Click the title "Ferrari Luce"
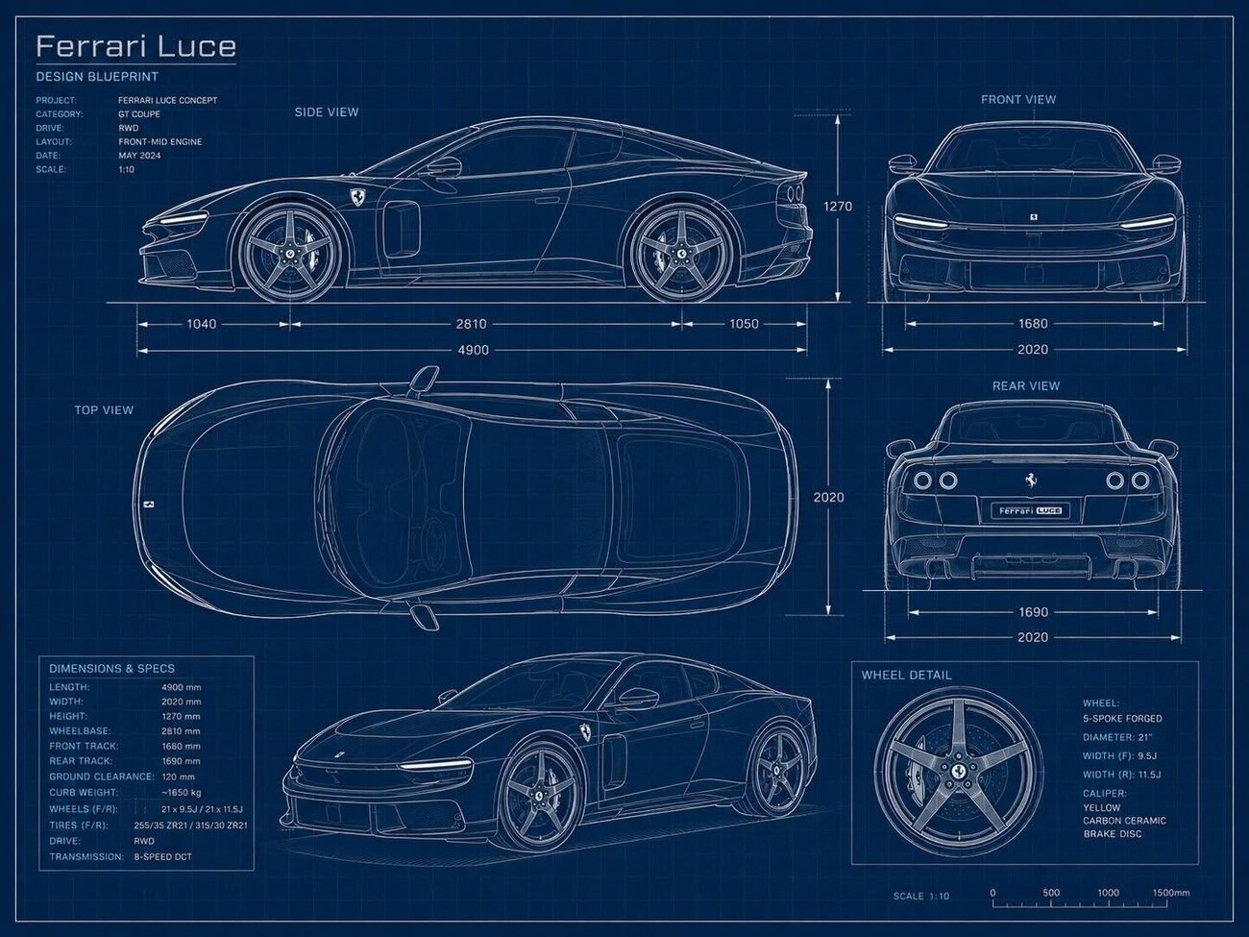[136, 46]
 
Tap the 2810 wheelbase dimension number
[471, 324]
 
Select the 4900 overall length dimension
[473, 350]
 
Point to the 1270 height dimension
[838, 206]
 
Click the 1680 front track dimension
[1033, 323]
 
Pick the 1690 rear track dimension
[1033, 612]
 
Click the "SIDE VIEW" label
[327, 112]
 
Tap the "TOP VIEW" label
[104, 409]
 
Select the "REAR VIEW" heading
[1026, 385]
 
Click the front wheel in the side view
[289, 253]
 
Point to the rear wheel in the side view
[680, 253]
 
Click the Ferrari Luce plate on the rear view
[1031, 510]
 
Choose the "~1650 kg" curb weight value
[181, 792]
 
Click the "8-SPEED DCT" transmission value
[162, 856]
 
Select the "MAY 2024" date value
[139, 156]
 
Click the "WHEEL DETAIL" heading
[906, 676]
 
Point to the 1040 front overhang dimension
[202, 324]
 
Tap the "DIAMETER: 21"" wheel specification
[1117, 737]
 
